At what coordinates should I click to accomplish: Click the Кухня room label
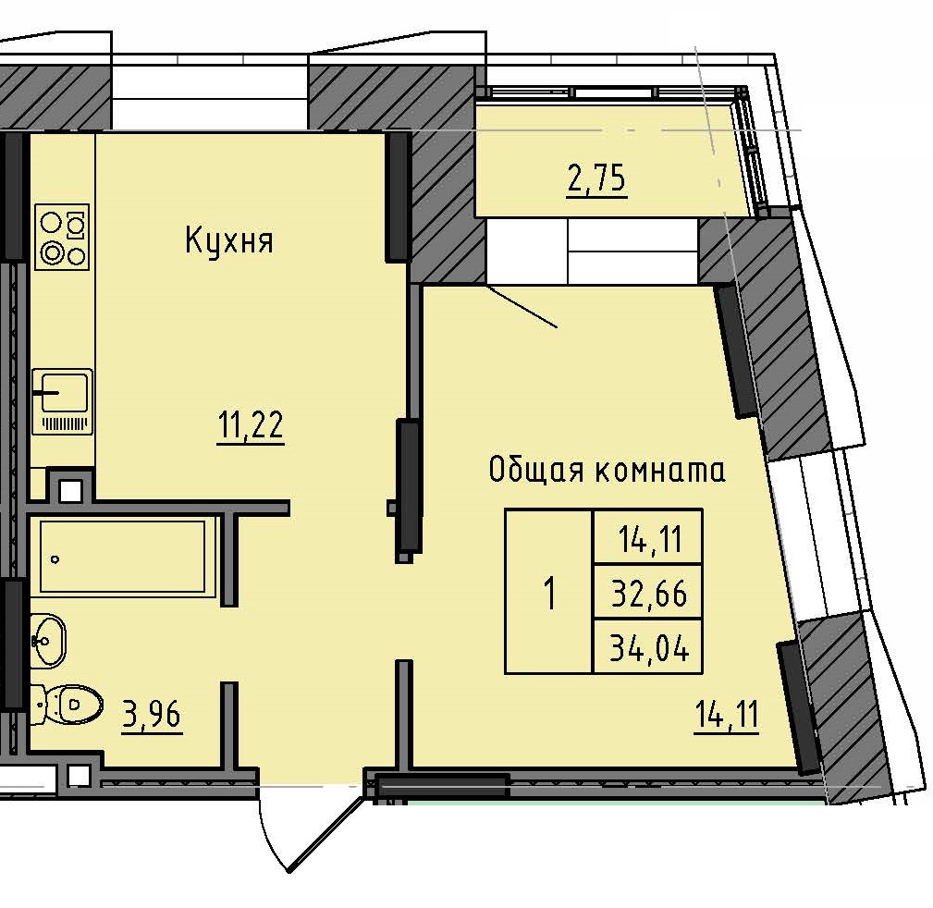click(228, 242)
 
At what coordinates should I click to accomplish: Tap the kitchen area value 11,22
click(250, 427)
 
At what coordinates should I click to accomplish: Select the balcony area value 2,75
click(596, 179)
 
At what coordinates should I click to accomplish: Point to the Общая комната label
click(607, 471)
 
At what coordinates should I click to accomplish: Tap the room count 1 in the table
click(549, 594)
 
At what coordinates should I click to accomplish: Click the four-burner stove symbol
click(62, 237)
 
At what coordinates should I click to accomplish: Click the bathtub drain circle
click(56, 559)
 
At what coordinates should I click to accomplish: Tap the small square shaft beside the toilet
click(79, 775)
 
